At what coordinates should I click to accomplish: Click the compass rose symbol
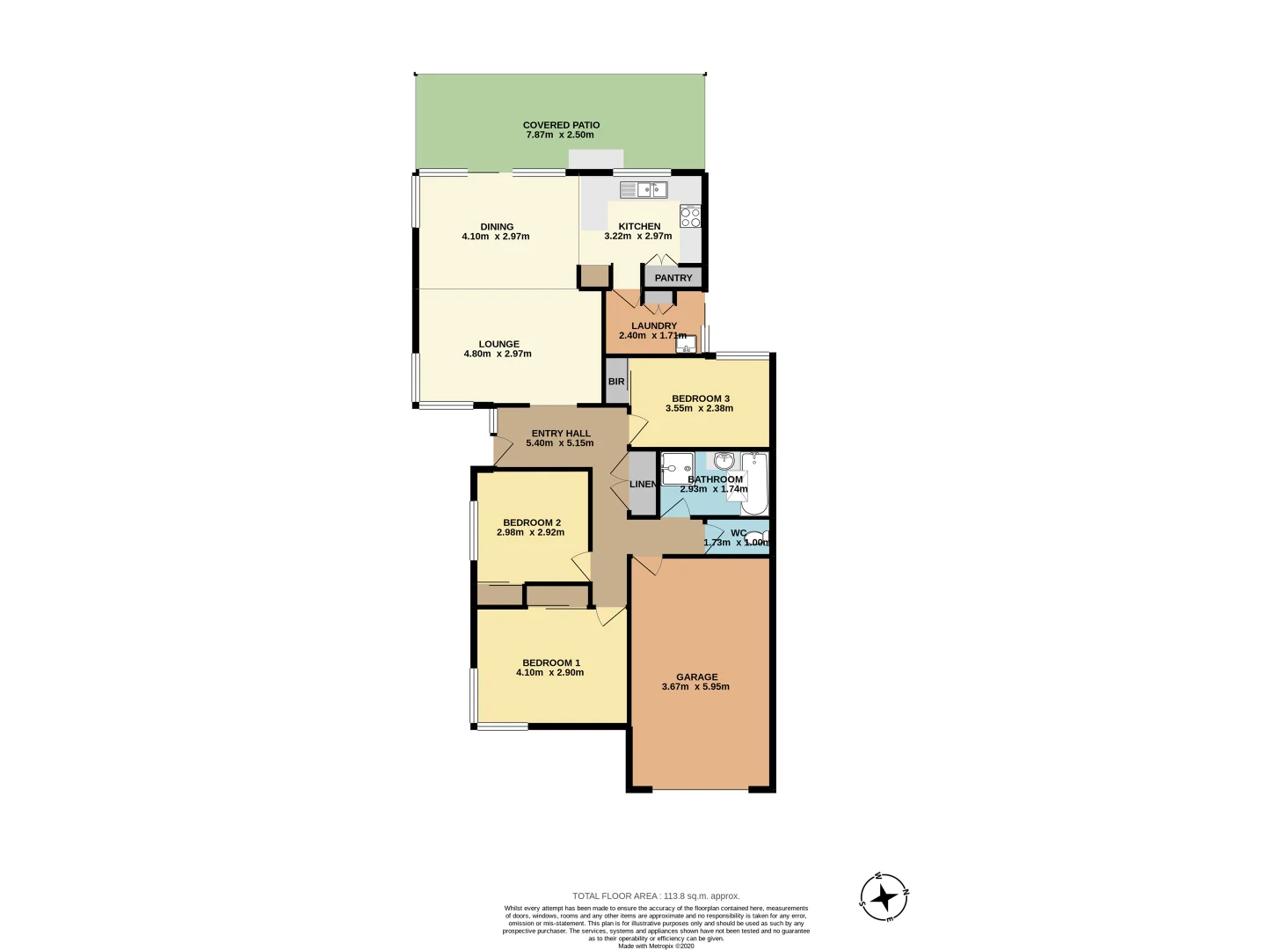click(884, 897)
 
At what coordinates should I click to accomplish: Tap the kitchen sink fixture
click(644, 189)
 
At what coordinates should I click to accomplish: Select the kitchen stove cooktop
click(690, 216)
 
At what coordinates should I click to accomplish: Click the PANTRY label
click(673, 278)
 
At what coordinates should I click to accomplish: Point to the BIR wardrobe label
click(616, 382)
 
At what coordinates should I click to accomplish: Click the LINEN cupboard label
click(643, 485)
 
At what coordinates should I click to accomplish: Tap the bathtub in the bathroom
click(754, 484)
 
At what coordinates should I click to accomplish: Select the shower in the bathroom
click(677, 468)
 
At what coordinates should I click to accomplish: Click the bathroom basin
click(724, 461)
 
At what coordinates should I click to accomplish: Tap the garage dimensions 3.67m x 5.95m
click(695, 687)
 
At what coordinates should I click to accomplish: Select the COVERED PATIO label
click(561, 125)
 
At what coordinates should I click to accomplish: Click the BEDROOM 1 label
click(551, 663)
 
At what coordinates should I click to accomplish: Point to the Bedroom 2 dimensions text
click(530, 532)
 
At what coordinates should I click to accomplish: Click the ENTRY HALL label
click(561, 434)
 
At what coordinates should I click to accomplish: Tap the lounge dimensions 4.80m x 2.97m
click(498, 354)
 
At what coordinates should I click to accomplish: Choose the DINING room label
click(497, 227)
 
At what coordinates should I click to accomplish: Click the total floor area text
click(656, 896)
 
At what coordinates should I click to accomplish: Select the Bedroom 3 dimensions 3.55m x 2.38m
click(699, 408)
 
